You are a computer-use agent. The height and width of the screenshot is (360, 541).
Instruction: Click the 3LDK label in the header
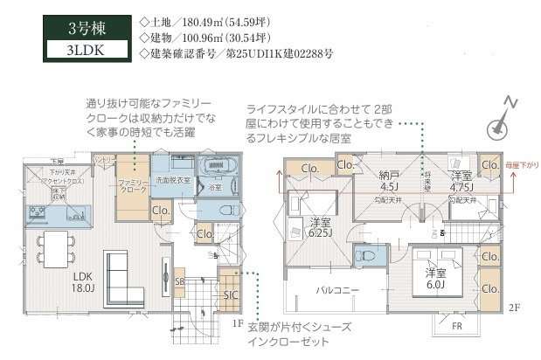85,50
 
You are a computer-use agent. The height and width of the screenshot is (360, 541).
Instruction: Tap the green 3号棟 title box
85,24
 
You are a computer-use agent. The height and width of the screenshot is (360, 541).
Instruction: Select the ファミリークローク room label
134,185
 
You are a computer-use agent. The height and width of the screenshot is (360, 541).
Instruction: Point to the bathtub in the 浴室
215,168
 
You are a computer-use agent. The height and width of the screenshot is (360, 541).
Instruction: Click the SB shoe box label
179,282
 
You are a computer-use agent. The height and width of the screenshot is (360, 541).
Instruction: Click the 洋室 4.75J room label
461,180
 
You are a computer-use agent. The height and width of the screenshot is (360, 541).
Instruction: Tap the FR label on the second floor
456,326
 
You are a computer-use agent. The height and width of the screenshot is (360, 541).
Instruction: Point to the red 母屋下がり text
521,165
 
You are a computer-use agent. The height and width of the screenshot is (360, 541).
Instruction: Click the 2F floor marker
516,308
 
